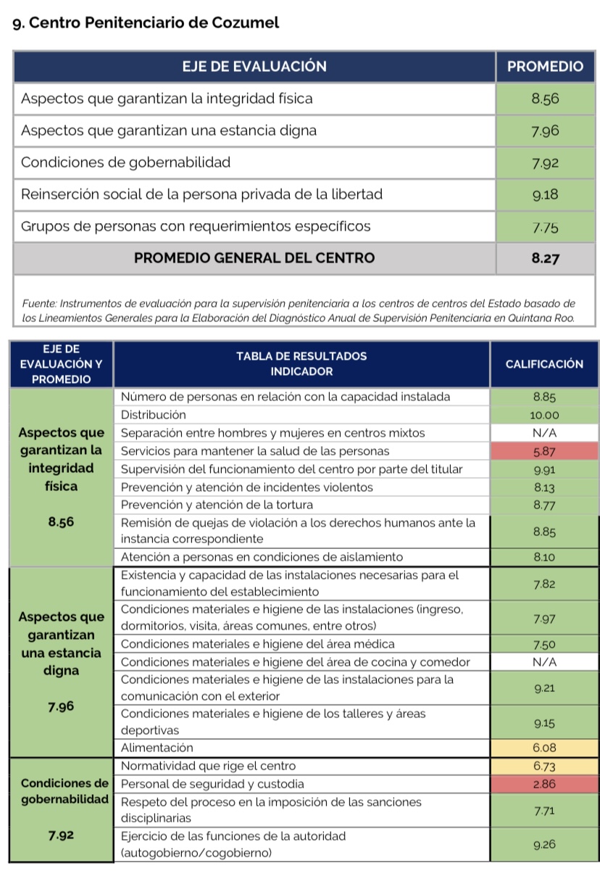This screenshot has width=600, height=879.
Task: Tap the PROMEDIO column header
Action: [544, 67]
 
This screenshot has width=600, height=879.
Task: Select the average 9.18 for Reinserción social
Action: [544, 194]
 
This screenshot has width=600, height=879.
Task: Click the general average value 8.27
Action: [544, 258]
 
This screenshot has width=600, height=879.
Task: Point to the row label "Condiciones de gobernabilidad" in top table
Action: [125, 162]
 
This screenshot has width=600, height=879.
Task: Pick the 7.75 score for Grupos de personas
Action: [544, 227]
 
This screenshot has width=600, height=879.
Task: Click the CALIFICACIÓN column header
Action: [543, 364]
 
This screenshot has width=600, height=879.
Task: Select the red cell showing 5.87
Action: [543, 451]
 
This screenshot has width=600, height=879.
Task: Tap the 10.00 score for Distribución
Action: [543, 415]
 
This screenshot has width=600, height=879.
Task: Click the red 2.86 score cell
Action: [543, 784]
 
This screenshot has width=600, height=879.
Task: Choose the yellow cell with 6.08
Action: [543, 748]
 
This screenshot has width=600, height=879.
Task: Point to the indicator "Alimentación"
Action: [157, 748]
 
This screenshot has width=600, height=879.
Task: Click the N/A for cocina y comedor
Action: [543, 661]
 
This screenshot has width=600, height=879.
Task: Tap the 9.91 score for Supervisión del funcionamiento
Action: [543, 469]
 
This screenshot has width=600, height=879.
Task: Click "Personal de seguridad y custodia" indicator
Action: [212, 784]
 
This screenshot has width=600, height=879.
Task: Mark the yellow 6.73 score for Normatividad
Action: [543, 766]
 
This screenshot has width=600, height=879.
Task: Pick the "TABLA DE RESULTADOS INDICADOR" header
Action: [301, 364]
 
